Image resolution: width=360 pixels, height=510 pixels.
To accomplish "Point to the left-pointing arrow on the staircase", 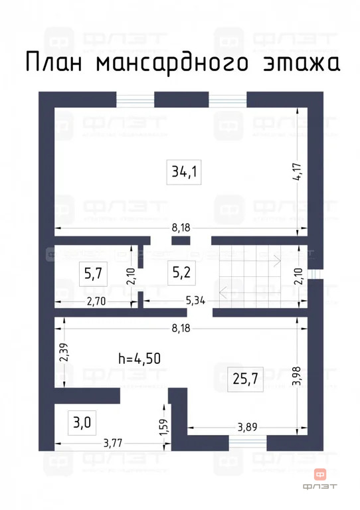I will [225, 291].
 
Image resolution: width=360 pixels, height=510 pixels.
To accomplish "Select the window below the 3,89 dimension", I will [247, 442].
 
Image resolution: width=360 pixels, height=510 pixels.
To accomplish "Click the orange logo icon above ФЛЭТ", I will [320, 474].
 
